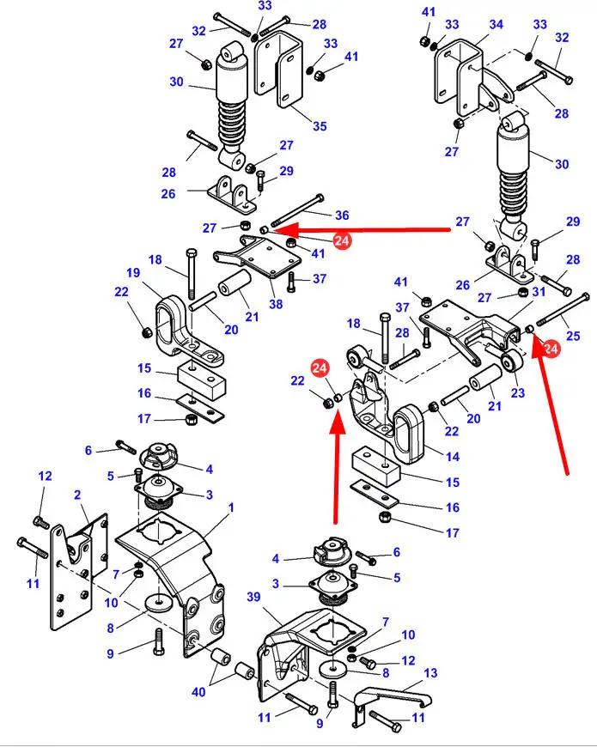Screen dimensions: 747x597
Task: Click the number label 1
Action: pyautogui.click(x=230, y=508)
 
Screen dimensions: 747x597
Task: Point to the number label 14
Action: pyautogui.click(x=452, y=456)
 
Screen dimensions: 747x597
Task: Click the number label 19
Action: pyautogui.click(x=133, y=273)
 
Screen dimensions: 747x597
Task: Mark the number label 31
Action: pyautogui.click(x=539, y=292)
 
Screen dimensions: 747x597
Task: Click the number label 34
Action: pyautogui.click(x=496, y=25)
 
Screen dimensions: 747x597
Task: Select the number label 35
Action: pyautogui.click(x=320, y=126)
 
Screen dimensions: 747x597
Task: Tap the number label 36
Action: pyautogui.click(x=342, y=215)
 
